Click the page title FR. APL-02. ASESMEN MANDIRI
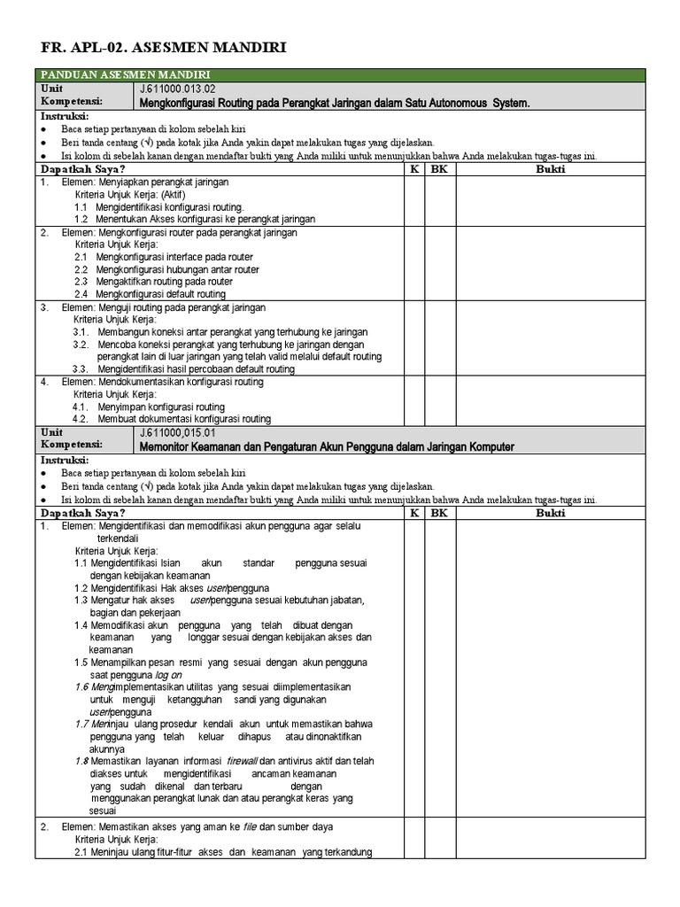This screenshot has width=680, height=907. [164, 47]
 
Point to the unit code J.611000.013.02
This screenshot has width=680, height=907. [177, 89]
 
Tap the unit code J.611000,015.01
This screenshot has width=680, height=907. [177, 433]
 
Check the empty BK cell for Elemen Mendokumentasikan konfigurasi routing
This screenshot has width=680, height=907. [439, 399]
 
